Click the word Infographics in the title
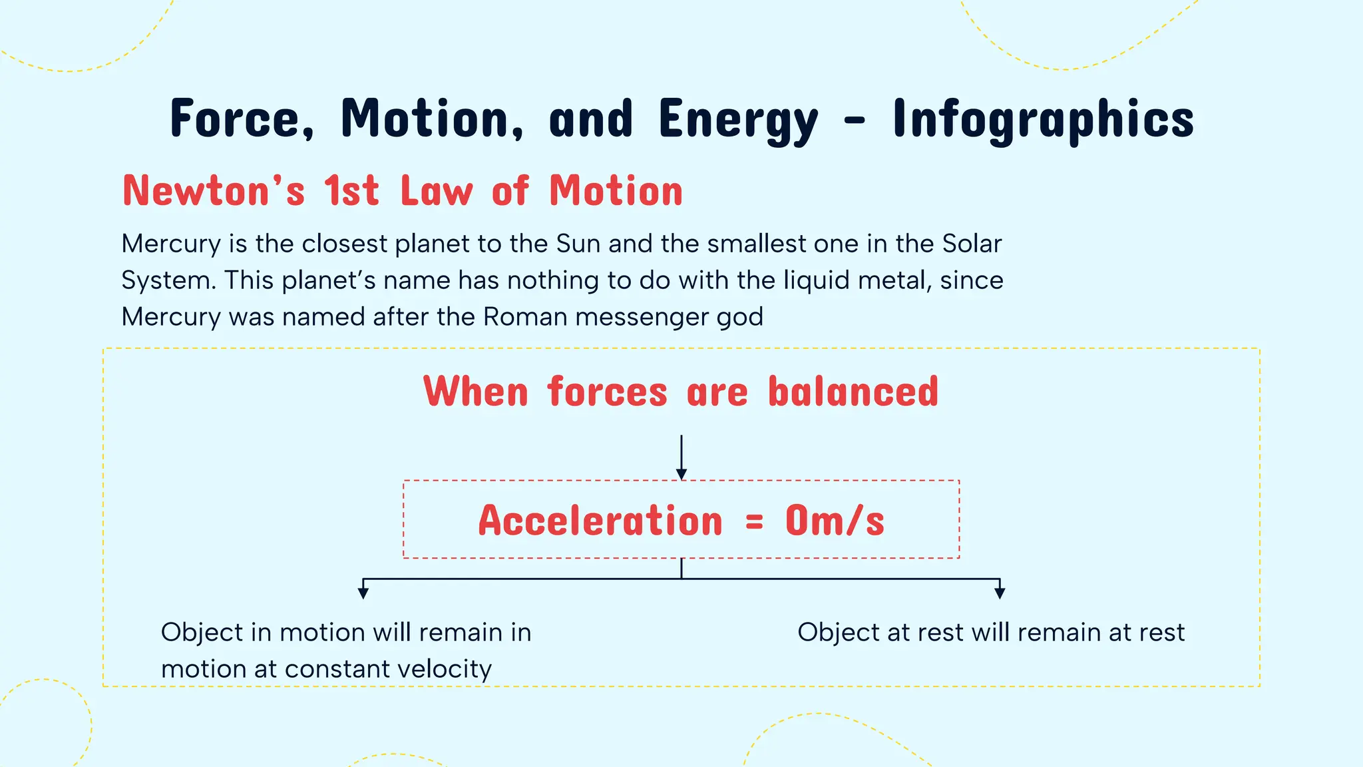1043,119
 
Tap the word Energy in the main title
738,119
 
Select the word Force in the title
242,119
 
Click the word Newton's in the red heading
214,191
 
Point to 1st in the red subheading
351,191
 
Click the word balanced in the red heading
853,391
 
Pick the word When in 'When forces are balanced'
476,391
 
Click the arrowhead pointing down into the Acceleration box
681,473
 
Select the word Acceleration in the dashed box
600,521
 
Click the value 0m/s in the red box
835,521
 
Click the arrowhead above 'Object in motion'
363,593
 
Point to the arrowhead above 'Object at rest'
999,593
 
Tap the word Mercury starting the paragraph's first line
171,244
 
